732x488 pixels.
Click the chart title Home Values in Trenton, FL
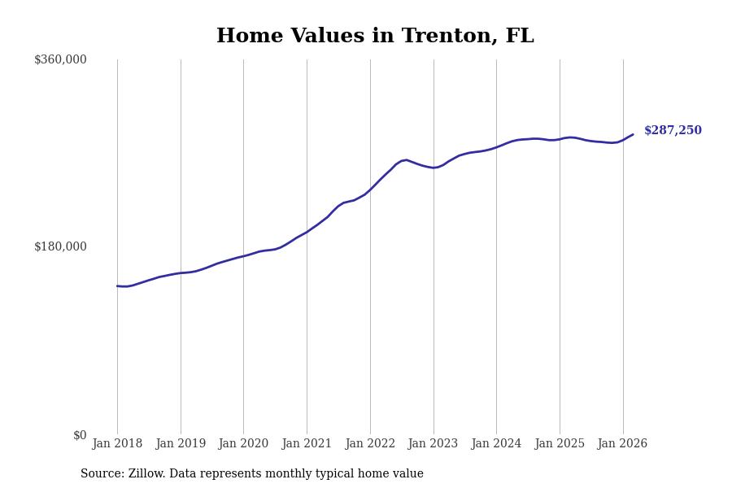(375, 37)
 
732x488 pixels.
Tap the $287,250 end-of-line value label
(673, 131)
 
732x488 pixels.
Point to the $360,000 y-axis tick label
(60, 59)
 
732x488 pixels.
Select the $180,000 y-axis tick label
(60, 246)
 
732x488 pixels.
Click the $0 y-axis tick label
(80, 435)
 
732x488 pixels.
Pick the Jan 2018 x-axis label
(117, 444)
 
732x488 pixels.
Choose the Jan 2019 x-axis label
(181, 444)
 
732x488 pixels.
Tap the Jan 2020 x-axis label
(243, 444)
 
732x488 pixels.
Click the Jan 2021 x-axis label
(307, 444)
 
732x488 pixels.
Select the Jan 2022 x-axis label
(370, 444)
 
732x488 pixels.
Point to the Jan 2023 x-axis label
(433, 444)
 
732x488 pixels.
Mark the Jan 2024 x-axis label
(496, 444)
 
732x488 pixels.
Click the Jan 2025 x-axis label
(560, 444)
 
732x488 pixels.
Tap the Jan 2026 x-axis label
(622, 444)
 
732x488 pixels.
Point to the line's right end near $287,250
(633, 134)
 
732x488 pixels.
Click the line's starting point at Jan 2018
(117, 285)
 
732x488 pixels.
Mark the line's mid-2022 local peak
(406, 160)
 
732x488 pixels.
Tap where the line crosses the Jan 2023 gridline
(434, 168)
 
